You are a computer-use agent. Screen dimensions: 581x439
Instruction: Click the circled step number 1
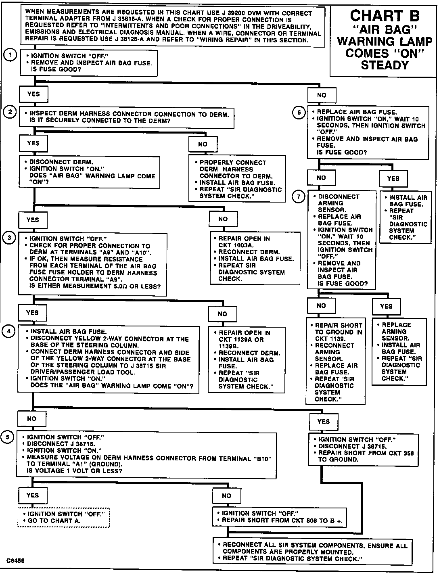pos(10,55)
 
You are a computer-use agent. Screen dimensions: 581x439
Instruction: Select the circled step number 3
pos(10,238)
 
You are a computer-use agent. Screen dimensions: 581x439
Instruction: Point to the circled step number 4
pos(9,331)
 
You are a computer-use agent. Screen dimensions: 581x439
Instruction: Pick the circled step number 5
pos(7,437)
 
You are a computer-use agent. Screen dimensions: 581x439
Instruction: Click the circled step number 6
pos(299,113)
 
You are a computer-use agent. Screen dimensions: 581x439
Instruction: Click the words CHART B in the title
pos(385,16)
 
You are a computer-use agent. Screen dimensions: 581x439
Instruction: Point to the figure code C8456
pos(15,560)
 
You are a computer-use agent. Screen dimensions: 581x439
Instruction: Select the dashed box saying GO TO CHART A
pos(63,517)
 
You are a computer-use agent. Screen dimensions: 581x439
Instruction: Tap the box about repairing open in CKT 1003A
pos(255,258)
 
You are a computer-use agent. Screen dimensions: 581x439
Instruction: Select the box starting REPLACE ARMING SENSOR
pos(399,351)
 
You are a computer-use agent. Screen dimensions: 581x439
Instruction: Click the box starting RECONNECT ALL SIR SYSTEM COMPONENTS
pos(313,552)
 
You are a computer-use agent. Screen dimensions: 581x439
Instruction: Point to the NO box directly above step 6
pos(322,95)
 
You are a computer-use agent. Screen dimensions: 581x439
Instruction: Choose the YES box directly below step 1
pos(34,94)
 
